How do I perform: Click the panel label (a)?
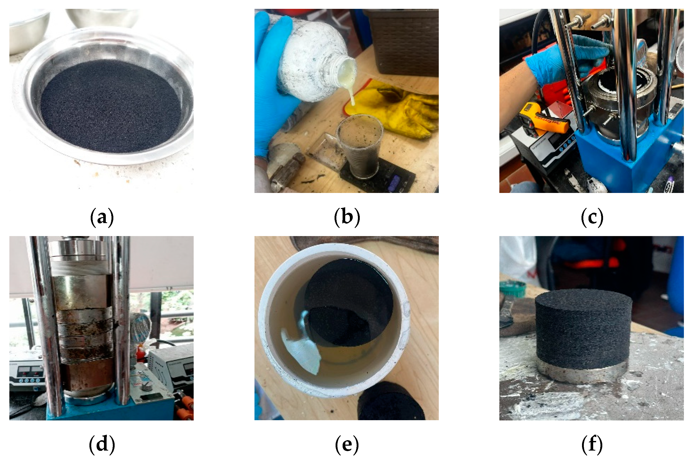click(102, 217)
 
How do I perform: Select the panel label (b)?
click(347, 217)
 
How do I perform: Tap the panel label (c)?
click(592, 217)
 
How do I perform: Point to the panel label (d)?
click(102, 444)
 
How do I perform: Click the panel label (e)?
click(347, 444)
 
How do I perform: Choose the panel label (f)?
click(592, 444)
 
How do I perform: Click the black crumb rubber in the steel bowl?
click(110, 106)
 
